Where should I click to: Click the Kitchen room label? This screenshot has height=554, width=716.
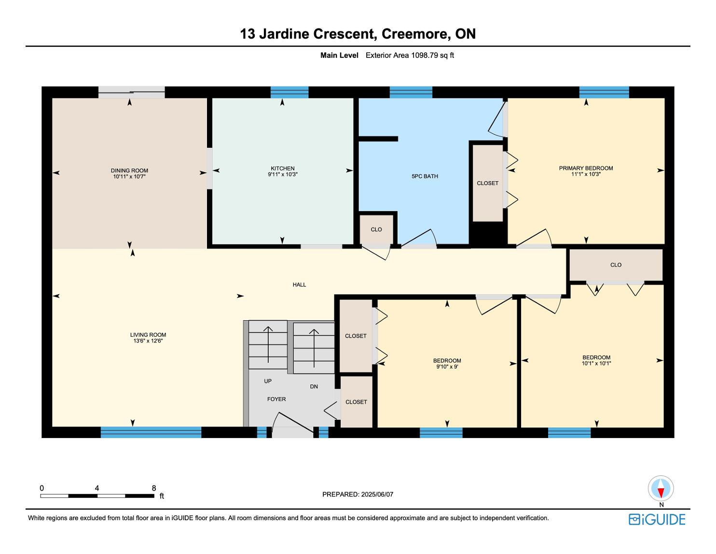click(282, 168)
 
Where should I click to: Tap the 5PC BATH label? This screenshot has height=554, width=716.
click(425, 176)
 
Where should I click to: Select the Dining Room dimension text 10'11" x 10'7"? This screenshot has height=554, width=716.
click(129, 176)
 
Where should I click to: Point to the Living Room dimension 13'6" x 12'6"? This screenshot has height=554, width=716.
click(148, 341)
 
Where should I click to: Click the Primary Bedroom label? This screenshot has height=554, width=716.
click(586, 168)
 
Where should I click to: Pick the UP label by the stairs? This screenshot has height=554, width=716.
click(268, 381)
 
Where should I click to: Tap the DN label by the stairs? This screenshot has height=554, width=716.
click(314, 386)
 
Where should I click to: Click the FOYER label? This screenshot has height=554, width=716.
click(276, 399)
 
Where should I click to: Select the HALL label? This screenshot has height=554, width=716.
click(299, 284)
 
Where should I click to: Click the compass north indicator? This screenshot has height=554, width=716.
click(661, 488)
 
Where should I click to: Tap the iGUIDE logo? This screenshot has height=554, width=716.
click(657, 520)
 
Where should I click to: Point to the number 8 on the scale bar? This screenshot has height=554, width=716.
click(154, 488)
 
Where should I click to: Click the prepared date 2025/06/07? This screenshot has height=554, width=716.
click(377, 494)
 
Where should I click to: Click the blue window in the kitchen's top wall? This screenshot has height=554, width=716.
click(289, 92)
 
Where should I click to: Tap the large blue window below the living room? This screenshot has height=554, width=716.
click(151, 432)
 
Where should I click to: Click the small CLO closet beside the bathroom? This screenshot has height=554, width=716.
click(376, 229)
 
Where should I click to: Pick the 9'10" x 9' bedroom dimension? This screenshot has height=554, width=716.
click(447, 367)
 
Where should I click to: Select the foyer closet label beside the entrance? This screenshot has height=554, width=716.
click(356, 402)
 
